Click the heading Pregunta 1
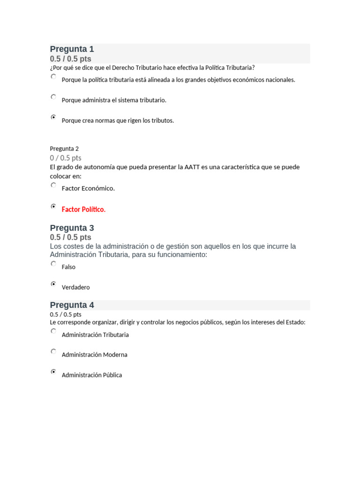point(72,49)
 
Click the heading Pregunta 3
point(72,228)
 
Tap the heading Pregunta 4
point(72,305)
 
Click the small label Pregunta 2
point(64,149)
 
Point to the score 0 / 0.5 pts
point(66,158)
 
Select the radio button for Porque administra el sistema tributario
point(53,97)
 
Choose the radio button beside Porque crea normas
point(53,117)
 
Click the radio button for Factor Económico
point(53,185)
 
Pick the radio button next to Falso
point(53,264)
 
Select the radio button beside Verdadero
point(53,284)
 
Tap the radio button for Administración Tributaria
point(53,331)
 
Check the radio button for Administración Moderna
point(53,351)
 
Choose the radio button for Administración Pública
point(53,372)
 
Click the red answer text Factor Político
point(83,210)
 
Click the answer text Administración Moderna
point(94,355)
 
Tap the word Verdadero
point(75,287)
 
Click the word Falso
point(68,267)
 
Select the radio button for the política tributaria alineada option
point(53,76)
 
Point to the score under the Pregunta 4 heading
point(66,315)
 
